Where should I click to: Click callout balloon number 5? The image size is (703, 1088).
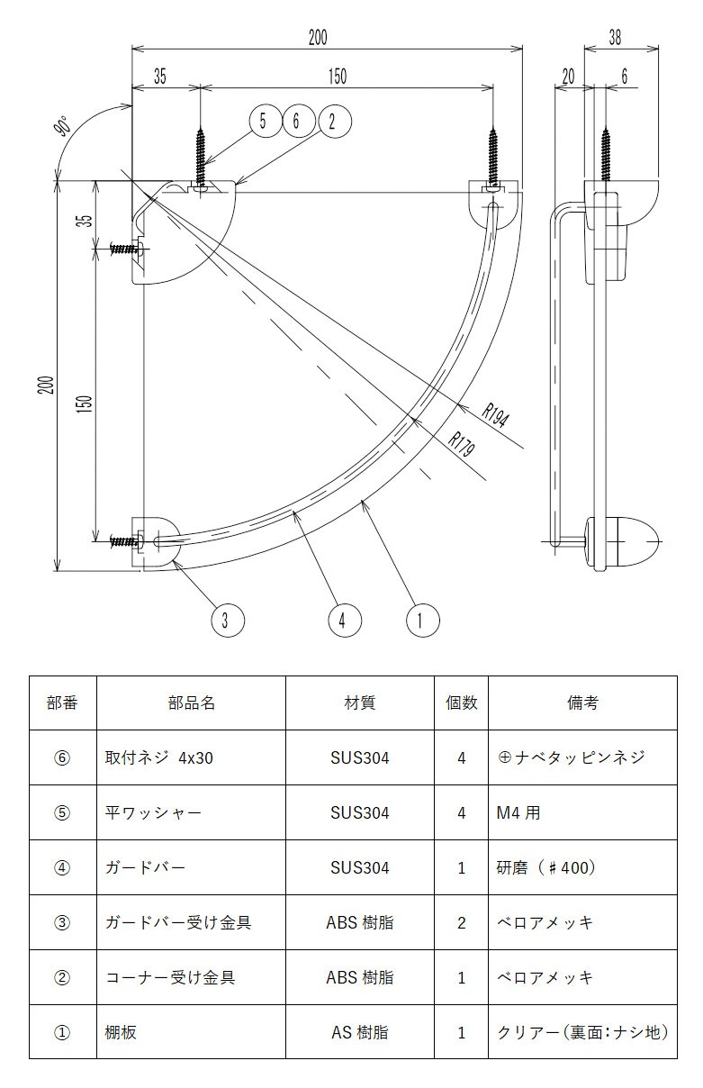pos(263,121)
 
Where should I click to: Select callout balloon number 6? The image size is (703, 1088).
pos(297,121)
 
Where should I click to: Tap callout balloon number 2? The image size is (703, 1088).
pos(332,121)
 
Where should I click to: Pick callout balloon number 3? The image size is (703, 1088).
pos(227,620)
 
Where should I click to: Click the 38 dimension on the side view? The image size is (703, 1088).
pos(615,37)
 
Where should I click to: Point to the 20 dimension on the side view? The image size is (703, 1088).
pos(567,77)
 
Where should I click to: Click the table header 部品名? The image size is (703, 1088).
pos(191,703)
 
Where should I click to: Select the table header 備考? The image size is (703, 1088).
pos(582,703)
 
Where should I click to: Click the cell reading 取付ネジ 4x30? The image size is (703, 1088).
pos(159,758)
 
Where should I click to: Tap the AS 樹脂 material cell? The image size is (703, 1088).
pos(359,1032)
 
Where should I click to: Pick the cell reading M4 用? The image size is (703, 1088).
pos(518,813)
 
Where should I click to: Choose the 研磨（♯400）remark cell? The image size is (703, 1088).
pos(546,868)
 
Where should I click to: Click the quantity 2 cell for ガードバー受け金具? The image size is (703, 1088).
pos(462,923)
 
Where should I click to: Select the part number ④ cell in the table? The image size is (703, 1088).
pos(62,868)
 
